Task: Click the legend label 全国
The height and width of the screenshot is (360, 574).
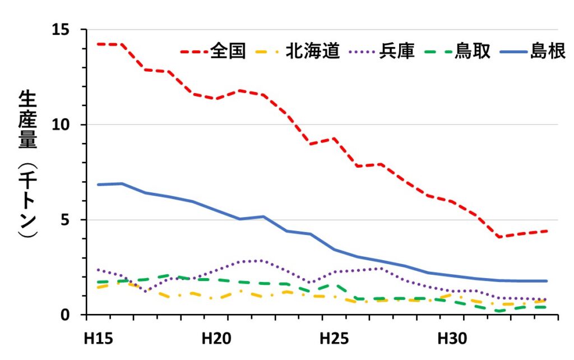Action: pyautogui.click(x=228, y=51)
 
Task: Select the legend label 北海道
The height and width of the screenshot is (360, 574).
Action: pyautogui.click(x=312, y=51)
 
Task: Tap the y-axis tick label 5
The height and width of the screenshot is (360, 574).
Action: pyautogui.click(x=68, y=220)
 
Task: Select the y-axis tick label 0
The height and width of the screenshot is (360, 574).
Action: pyautogui.click(x=68, y=315)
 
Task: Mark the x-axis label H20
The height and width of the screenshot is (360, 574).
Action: pyautogui.click(x=215, y=339)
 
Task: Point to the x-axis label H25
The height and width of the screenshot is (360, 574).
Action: pyautogui.click(x=334, y=339)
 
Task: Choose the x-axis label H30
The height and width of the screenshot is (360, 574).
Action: pyautogui.click(x=451, y=339)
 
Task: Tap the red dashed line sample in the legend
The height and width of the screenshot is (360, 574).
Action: pyautogui.click(x=194, y=52)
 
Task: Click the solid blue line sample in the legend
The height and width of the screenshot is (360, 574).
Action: pyautogui.click(x=511, y=52)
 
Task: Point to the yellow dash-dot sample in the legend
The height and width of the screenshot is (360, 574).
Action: pyautogui.click(x=270, y=52)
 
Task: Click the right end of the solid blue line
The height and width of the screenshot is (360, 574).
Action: pyautogui.click(x=546, y=281)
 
